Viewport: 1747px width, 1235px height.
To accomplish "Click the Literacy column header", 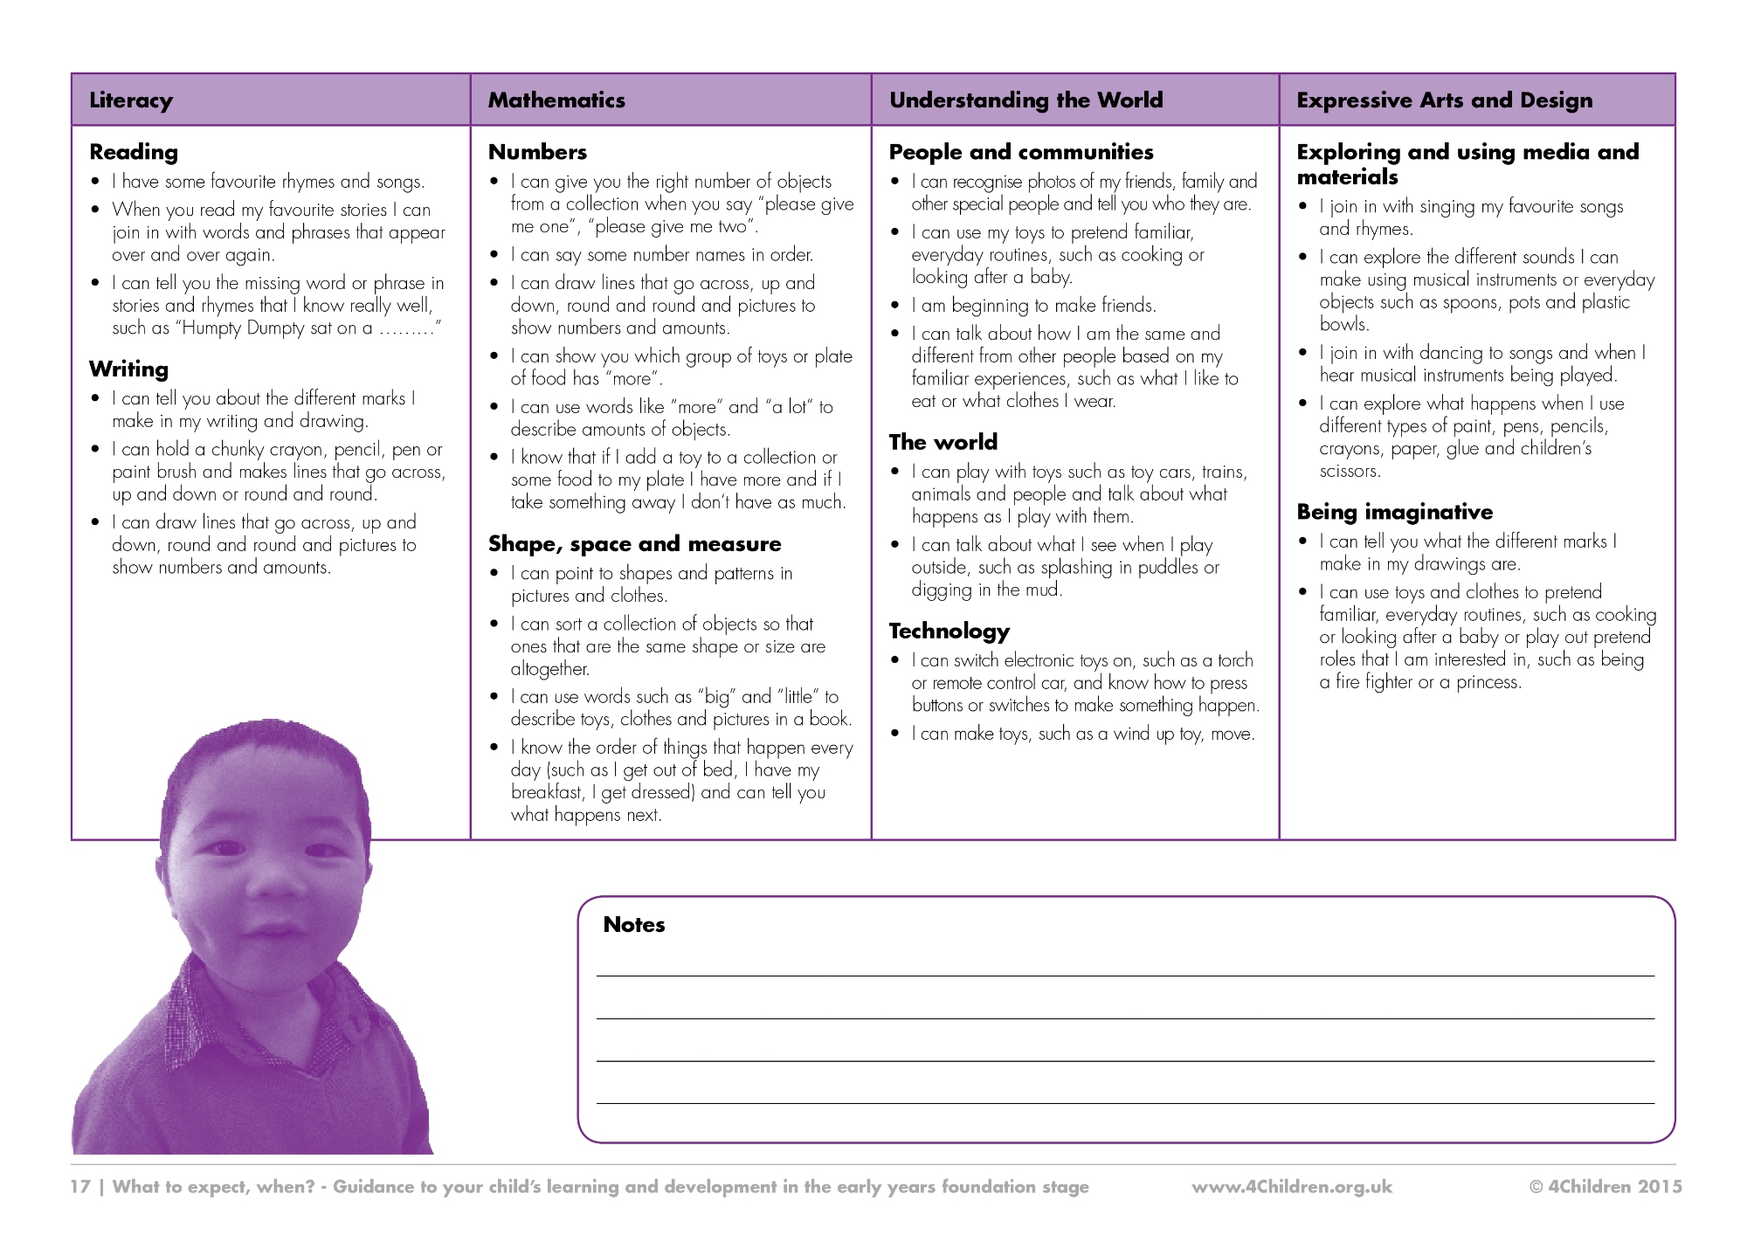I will pyautogui.click(x=131, y=100).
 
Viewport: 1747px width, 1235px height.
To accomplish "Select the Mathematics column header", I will pyautogui.click(x=556, y=100).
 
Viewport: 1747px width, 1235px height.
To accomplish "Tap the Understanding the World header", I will pyautogui.click(x=1025, y=100).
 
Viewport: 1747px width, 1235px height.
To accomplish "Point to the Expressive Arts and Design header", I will pyautogui.click(x=1444, y=100).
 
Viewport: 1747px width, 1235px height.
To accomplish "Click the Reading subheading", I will pyautogui.click(x=134, y=152).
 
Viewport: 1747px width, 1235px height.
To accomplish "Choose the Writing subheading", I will pyautogui.click(x=128, y=369).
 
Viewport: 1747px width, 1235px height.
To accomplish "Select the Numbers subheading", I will pyautogui.click(x=537, y=152).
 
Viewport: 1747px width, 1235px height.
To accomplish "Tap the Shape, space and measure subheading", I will pyautogui.click(x=634, y=544).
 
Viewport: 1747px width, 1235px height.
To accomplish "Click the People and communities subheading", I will pyautogui.click(x=1020, y=152).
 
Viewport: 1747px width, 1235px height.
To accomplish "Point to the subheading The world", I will pyautogui.click(x=943, y=442).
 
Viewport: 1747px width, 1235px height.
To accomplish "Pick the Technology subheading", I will pyautogui.click(x=949, y=631).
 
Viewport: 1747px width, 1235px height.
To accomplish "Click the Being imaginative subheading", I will pyautogui.click(x=1394, y=512).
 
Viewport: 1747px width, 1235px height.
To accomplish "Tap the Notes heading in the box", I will pyautogui.click(x=633, y=925).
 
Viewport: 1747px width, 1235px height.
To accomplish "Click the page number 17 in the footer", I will pyautogui.click(x=80, y=1187).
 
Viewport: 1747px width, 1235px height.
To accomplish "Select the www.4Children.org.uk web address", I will pyautogui.click(x=1291, y=1187).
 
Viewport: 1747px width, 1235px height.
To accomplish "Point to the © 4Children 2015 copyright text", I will pyautogui.click(x=1605, y=1187).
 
